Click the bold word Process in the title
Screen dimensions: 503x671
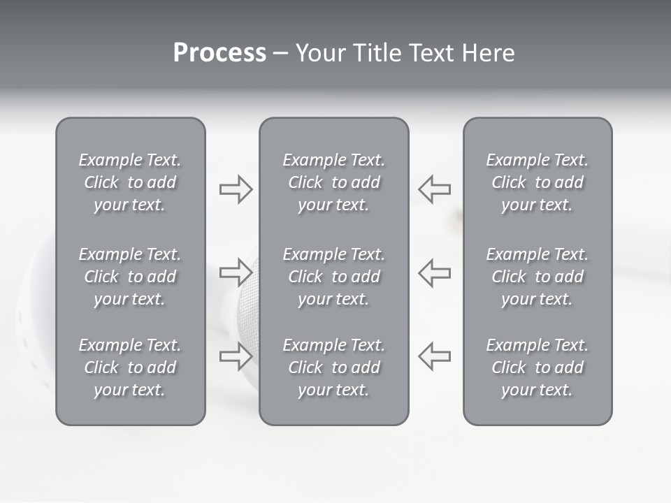[x=219, y=53]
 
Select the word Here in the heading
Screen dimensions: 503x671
[x=489, y=53]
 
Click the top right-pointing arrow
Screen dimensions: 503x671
[x=236, y=189]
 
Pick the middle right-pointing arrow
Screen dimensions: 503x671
[x=236, y=272]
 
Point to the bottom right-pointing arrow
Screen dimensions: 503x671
[x=236, y=356]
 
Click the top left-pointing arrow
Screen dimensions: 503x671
[x=435, y=189]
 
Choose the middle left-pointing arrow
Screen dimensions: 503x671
[x=435, y=272]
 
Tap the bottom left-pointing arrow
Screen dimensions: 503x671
[x=435, y=356]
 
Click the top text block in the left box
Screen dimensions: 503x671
[x=130, y=182]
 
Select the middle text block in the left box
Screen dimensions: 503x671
[x=130, y=277]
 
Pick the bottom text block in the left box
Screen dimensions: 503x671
[x=130, y=367]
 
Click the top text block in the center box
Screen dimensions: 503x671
[x=334, y=182]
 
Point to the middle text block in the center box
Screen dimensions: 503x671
[x=334, y=277]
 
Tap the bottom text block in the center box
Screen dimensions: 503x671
[x=334, y=367]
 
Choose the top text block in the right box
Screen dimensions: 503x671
[x=537, y=182]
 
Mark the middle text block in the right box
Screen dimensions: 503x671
[x=537, y=277]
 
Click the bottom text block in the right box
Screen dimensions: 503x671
[x=537, y=367]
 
